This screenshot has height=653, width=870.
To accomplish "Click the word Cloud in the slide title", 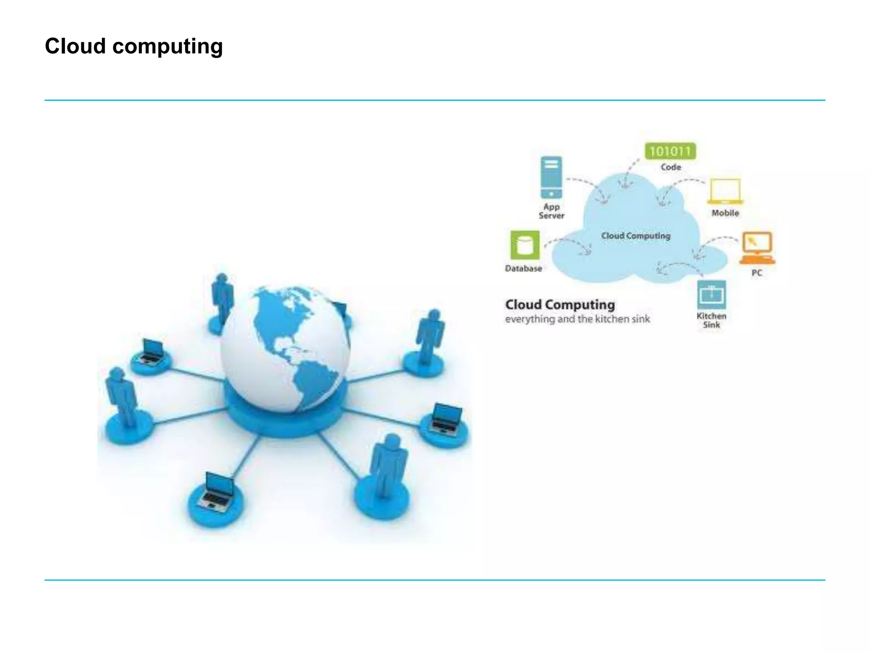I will point(75,46).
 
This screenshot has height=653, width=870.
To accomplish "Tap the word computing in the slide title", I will point(167,47).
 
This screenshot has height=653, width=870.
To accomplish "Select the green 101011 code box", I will point(670,151).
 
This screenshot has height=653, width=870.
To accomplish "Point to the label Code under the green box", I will point(671,167).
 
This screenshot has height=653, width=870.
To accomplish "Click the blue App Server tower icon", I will point(551,177).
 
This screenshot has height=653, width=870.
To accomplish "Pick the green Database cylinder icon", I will point(525,245).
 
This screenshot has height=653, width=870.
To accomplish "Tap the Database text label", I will point(523,268).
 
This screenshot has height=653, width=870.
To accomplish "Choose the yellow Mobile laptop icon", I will point(725,192).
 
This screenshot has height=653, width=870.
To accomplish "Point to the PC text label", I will point(757,273).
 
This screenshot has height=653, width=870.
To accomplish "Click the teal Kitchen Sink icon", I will point(711,295).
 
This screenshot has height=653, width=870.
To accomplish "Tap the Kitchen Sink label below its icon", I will point(711,321).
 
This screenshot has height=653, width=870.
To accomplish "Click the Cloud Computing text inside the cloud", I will point(636,236).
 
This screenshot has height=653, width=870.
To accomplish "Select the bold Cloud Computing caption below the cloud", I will point(560,304).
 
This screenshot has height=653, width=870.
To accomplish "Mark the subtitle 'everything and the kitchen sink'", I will point(577,319).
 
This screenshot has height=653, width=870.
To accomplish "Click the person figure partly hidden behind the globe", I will point(222,298).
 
